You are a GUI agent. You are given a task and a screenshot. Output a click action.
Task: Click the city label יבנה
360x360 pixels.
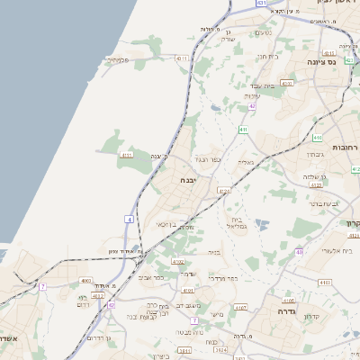pos(189,180)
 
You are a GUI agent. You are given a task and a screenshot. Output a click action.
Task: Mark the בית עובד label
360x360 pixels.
pos(263,85)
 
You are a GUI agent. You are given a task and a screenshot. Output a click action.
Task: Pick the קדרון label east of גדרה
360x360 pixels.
pos(312,317)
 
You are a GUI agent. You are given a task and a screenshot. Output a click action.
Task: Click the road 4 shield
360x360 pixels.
pos(130,219)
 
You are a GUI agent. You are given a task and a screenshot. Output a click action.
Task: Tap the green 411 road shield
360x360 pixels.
pos(243,130)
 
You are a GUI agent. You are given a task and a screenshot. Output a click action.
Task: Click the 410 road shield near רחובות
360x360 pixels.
pos(318,138)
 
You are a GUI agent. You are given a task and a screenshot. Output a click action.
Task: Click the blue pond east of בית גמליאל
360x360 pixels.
pos(263,223)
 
